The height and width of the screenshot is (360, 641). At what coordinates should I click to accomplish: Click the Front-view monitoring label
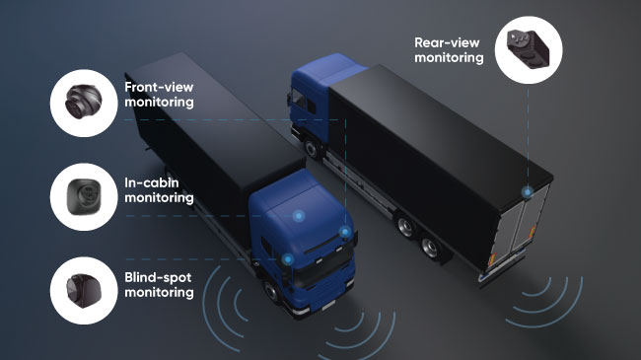[159, 94]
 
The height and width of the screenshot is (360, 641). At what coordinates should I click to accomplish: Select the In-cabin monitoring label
[159, 189]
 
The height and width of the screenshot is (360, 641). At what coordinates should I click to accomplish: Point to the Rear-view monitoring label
[450, 50]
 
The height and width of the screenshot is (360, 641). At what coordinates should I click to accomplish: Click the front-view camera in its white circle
[80, 102]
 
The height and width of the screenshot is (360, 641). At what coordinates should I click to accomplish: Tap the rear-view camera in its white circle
[529, 47]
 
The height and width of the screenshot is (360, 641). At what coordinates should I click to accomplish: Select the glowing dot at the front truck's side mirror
[345, 233]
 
